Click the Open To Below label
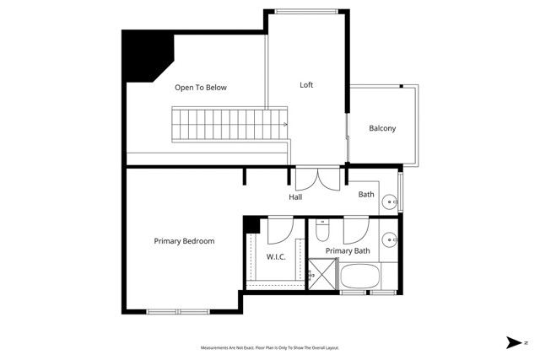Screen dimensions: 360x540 pos(201,88)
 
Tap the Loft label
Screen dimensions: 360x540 pos(307,85)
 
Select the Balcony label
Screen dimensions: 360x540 pos(382,128)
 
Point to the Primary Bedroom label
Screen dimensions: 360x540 pos(184,241)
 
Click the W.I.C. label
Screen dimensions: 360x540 pos(277,256)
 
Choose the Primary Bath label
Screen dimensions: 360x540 pos(348,250)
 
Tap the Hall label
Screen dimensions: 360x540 pos(295,197)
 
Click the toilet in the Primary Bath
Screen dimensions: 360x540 pos(321,230)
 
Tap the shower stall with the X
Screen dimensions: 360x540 pos(321,275)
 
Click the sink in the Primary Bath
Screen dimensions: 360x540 pos(391,239)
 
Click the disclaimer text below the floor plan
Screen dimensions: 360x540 pos(270,347)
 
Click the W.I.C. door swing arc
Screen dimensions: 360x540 pos(282,228)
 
